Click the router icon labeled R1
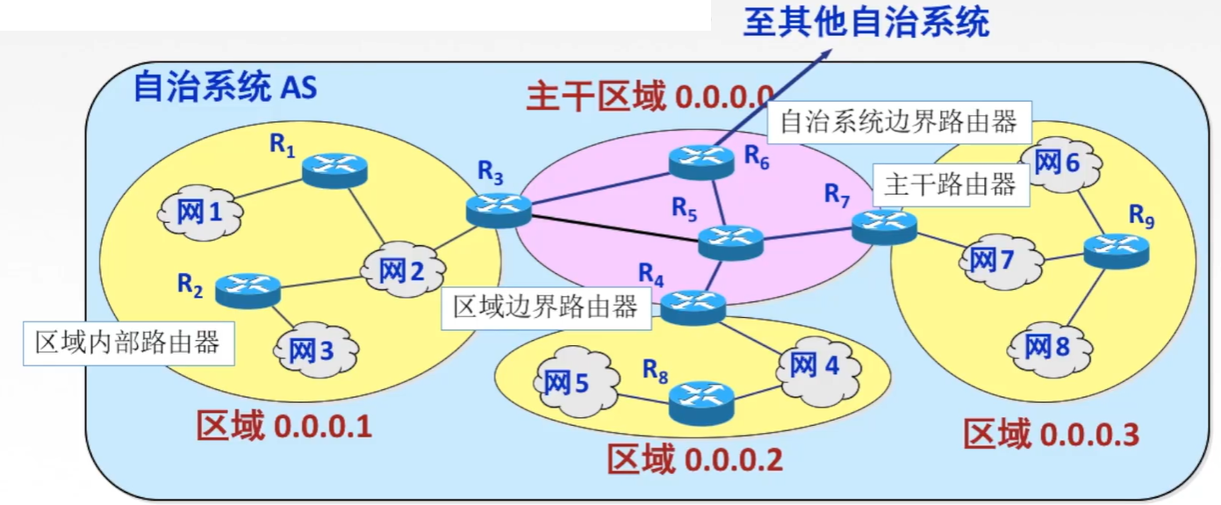pyautogui.click(x=334, y=170)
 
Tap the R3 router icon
pyautogui.click(x=499, y=210)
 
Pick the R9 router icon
pyautogui.click(x=1115, y=250)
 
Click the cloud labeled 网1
pyautogui.click(x=200, y=212)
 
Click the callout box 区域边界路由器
pyautogui.click(x=545, y=307)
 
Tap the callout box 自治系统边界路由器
pyautogui.click(x=898, y=122)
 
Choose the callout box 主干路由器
pyautogui.click(x=951, y=184)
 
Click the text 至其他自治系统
pyautogui.click(x=865, y=21)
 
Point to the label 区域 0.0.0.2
pyautogui.click(x=694, y=459)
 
